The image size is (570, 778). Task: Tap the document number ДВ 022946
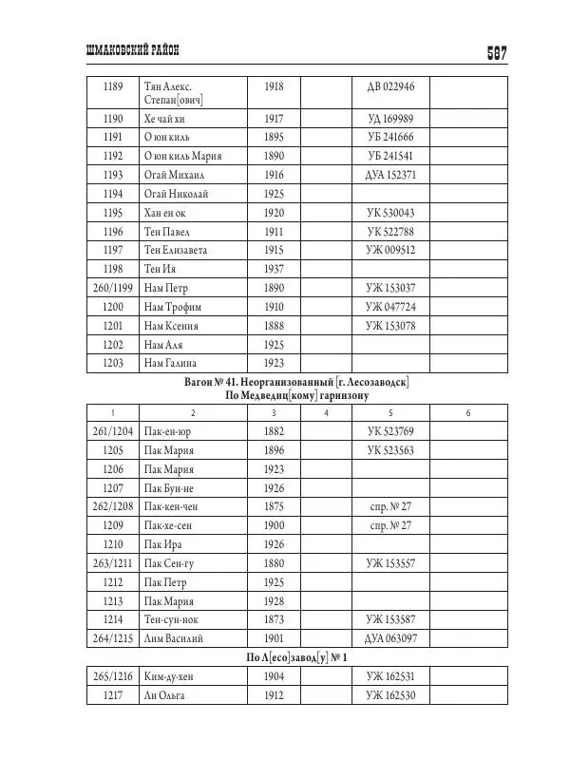pyautogui.click(x=390, y=87)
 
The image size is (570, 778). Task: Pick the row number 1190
pyautogui.click(x=112, y=119)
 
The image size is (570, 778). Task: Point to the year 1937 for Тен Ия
pyautogui.click(x=274, y=269)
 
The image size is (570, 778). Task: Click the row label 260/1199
pyautogui.click(x=112, y=288)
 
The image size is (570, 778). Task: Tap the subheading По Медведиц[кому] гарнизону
pyautogui.click(x=296, y=395)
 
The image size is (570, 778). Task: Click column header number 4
pyautogui.click(x=325, y=412)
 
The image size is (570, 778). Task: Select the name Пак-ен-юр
pyautogui.click(x=169, y=431)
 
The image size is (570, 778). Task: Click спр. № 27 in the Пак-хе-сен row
pyautogui.click(x=390, y=525)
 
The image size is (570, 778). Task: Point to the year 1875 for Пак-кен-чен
pyautogui.click(x=274, y=506)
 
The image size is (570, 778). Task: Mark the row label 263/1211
pyautogui.click(x=112, y=563)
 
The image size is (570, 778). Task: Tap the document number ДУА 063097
pyautogui.click(x=390, y=638)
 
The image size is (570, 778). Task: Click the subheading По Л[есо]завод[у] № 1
pyautogui.click(x=296, y=657)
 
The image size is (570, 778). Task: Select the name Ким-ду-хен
pyautogui.click(x=172, y=676)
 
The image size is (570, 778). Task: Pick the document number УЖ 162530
pyautogui.click(x=390, y=695)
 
